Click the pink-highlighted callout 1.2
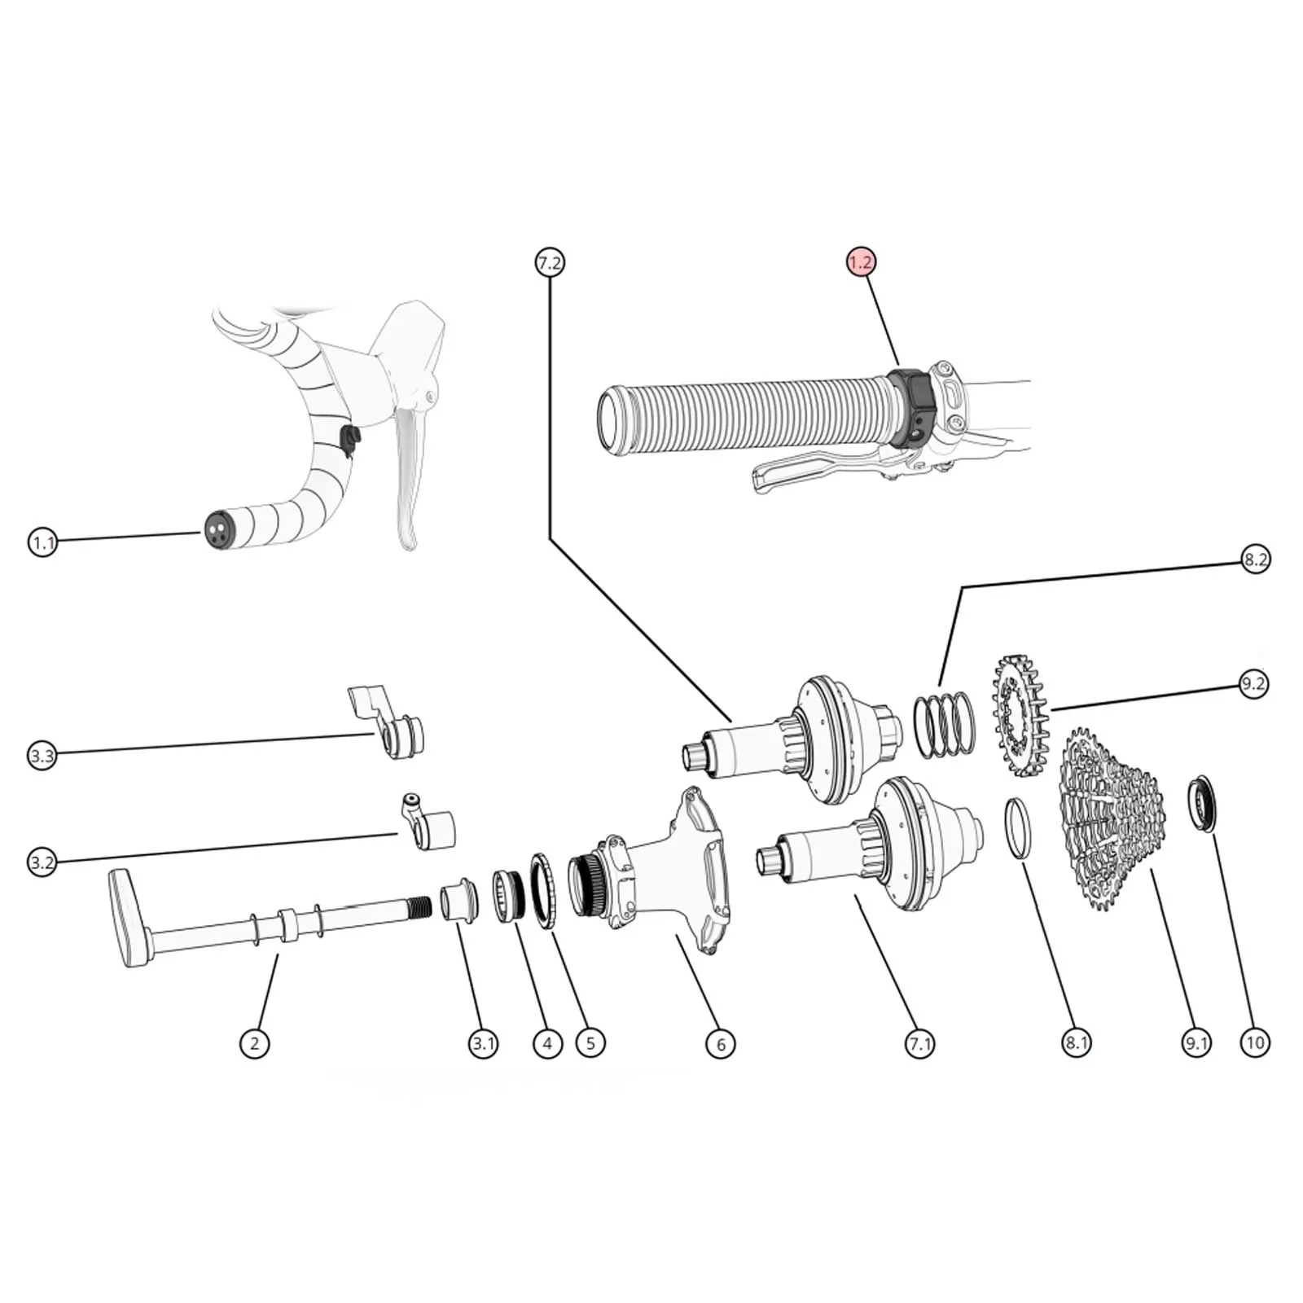pos(861,262)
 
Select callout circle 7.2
pos(550,263)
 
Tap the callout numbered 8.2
pos(1255,559)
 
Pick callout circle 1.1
pos(42,542)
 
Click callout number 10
pos(1255,1042)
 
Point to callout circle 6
pos(721,1043)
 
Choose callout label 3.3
pos(42,756)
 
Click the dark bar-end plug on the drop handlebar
pos(217,529)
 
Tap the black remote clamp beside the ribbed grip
pos(912,407)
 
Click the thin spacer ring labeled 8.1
pos(1018,828)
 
